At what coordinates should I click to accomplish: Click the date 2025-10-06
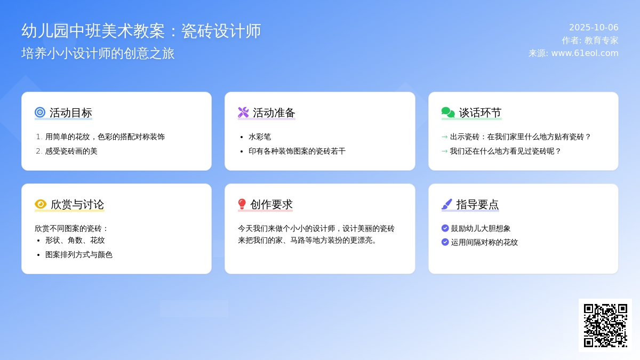[x=594, y=27]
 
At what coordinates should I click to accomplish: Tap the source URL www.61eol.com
[x=585, y=53]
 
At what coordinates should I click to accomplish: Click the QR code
[x=605, y=325]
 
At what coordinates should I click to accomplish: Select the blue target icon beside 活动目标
[x=40, y=113]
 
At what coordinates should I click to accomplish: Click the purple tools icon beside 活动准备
[x=243, y=113]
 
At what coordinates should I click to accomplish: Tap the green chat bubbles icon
[x=448, y=113]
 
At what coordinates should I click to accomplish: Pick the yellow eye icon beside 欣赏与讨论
[x=41, y=204]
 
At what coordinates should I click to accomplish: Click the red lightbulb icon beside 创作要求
[x=242, y=204]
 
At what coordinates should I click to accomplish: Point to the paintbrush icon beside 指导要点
[x=447, y=204]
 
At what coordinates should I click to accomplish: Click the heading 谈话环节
[x=480, y=113]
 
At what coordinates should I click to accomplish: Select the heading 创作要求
[x=271, y=204]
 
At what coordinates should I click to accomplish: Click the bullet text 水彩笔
[x=260, y=137]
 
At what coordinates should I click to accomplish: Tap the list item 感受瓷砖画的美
[x=71, y=151]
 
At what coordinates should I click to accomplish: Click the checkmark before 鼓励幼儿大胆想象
[x=445, y=228]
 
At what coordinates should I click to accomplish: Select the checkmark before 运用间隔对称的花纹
[x=445, y=242]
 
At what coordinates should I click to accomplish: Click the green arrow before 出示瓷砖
[x=445, y=137]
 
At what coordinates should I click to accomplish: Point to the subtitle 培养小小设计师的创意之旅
[x=98, y=53]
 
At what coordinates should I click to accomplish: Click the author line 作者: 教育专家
[x=590, y=41]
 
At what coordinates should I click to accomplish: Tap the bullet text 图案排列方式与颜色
[x=79, y=254]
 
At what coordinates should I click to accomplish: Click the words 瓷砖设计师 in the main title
[x=221, y=31]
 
